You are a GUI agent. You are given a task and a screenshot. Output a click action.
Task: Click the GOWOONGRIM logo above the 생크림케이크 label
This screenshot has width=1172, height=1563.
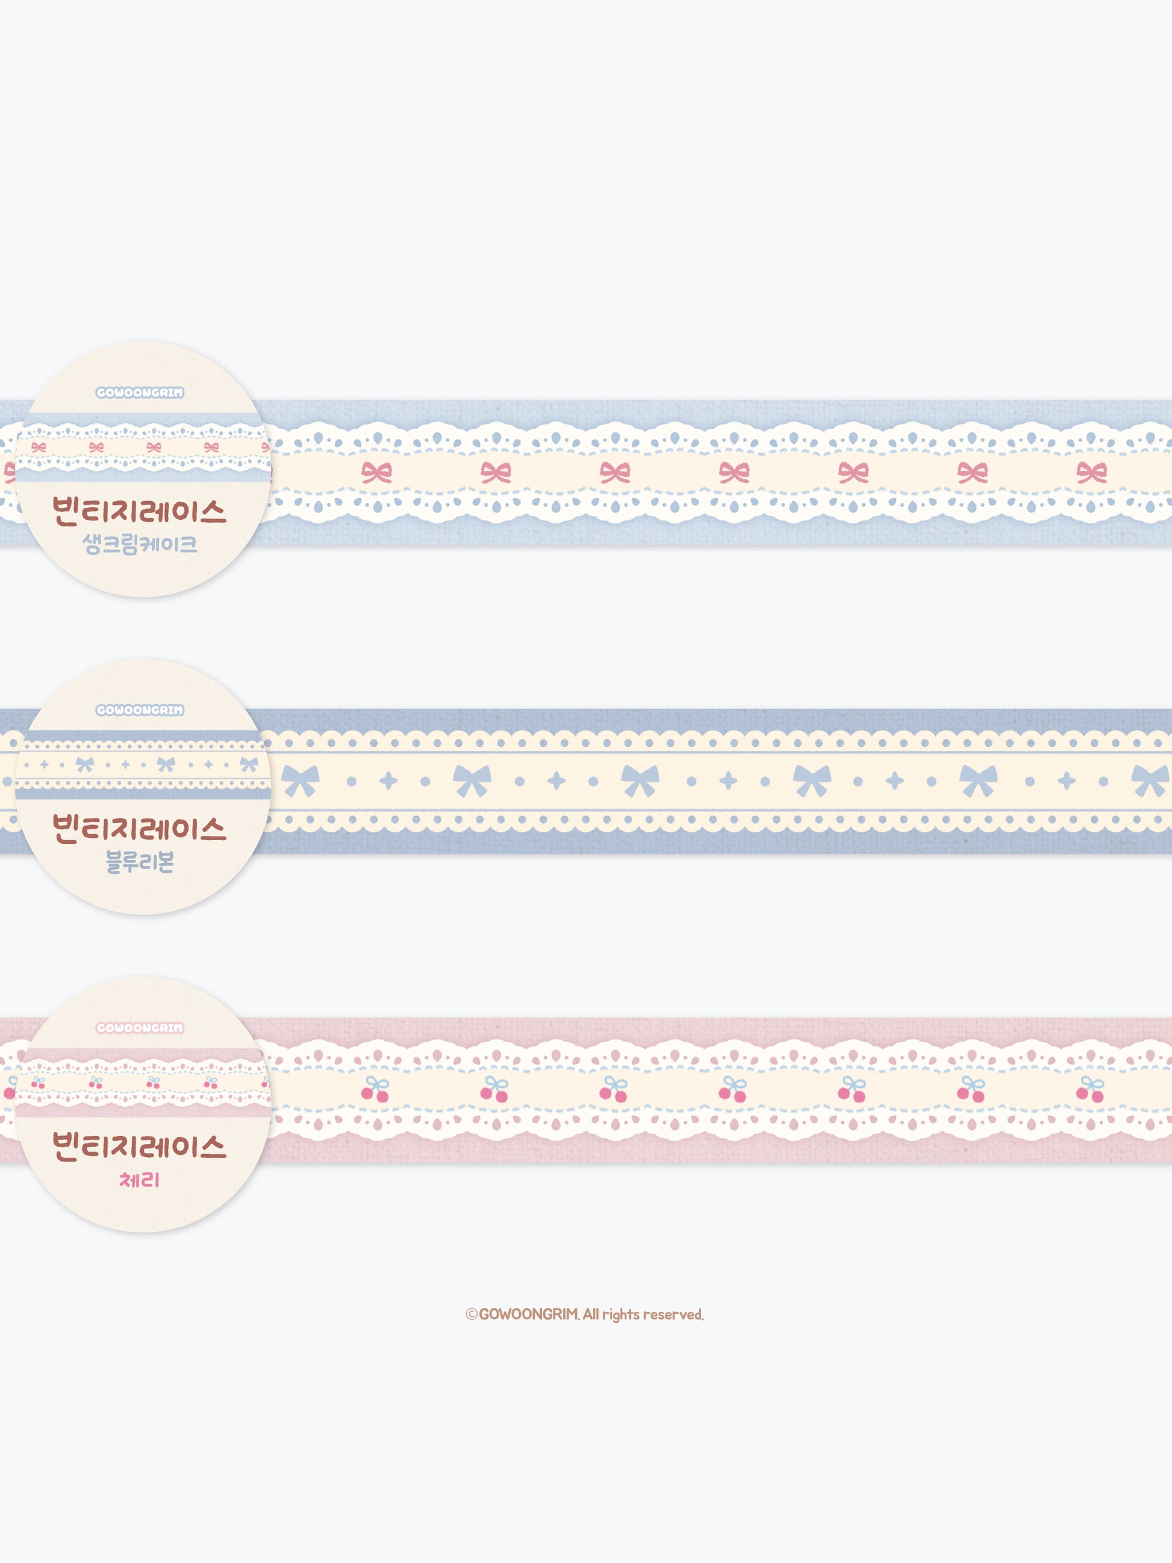click(140, 392)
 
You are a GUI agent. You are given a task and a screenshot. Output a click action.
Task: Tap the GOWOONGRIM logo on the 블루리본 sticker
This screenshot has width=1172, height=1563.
click(140, 710)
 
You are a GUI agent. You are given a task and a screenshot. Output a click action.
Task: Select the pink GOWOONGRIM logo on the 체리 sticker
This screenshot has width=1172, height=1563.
click(140, 1028)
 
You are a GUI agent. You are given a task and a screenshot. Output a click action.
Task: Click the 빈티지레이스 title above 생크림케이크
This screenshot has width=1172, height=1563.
click(139, 510)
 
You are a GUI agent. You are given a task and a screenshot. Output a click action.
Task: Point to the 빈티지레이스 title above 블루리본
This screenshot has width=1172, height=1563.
click(139, 828)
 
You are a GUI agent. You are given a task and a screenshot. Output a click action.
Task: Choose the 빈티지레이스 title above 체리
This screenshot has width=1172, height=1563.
click(139, 1146)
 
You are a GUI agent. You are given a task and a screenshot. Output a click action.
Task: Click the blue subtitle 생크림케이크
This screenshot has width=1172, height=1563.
click(139, 544)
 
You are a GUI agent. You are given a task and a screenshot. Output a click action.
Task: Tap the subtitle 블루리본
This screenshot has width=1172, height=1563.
click(139, 861)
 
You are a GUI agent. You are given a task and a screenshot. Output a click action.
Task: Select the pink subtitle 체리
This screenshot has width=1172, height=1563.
click(139, 1179)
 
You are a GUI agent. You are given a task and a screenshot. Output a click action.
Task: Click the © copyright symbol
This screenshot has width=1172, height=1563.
click(471, 1314)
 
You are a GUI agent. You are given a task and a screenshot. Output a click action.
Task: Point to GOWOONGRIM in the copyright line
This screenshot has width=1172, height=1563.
click(528, 1314)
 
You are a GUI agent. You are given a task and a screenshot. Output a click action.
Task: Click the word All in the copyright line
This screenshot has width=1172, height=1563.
click(591, 1314)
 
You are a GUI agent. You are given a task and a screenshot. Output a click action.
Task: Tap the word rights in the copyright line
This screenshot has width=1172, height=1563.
click(621, 1315)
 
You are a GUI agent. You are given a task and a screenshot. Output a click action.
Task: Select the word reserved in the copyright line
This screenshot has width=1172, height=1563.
click(672, 1314)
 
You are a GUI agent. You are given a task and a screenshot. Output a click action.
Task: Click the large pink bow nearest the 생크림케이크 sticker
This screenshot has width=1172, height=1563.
click(376, 472)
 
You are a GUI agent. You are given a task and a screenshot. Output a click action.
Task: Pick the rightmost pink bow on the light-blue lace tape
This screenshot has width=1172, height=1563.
click(1091, 472)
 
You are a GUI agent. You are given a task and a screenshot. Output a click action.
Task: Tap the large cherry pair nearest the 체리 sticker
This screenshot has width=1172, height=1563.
click(376, 1090)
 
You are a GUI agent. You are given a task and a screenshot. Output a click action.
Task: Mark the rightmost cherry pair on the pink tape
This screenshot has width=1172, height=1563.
click(1091, 1090)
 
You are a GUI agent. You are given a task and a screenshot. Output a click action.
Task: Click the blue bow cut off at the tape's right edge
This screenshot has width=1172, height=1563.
click(1152, 781)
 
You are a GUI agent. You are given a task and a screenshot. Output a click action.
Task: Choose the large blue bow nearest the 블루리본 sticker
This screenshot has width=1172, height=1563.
click(301, 781)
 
